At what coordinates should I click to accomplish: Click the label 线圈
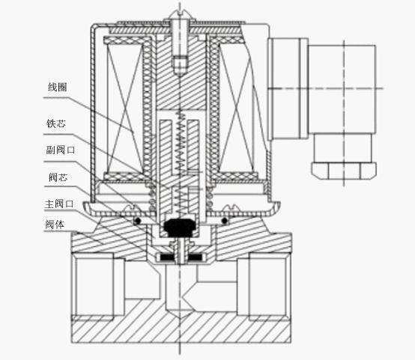click(57, 87)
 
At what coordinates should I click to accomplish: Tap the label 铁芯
click(56, 123)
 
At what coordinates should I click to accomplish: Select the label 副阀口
click(61, 150)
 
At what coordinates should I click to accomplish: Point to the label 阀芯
click(58, 177)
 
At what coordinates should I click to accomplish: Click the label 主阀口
click(59, 204)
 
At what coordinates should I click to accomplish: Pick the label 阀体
click(55, 225)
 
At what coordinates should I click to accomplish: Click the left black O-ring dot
click(138, 220)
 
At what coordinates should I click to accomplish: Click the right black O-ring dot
click(225, 220)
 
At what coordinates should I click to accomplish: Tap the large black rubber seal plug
click(180, 228)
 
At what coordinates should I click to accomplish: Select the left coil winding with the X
click(124, 109)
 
